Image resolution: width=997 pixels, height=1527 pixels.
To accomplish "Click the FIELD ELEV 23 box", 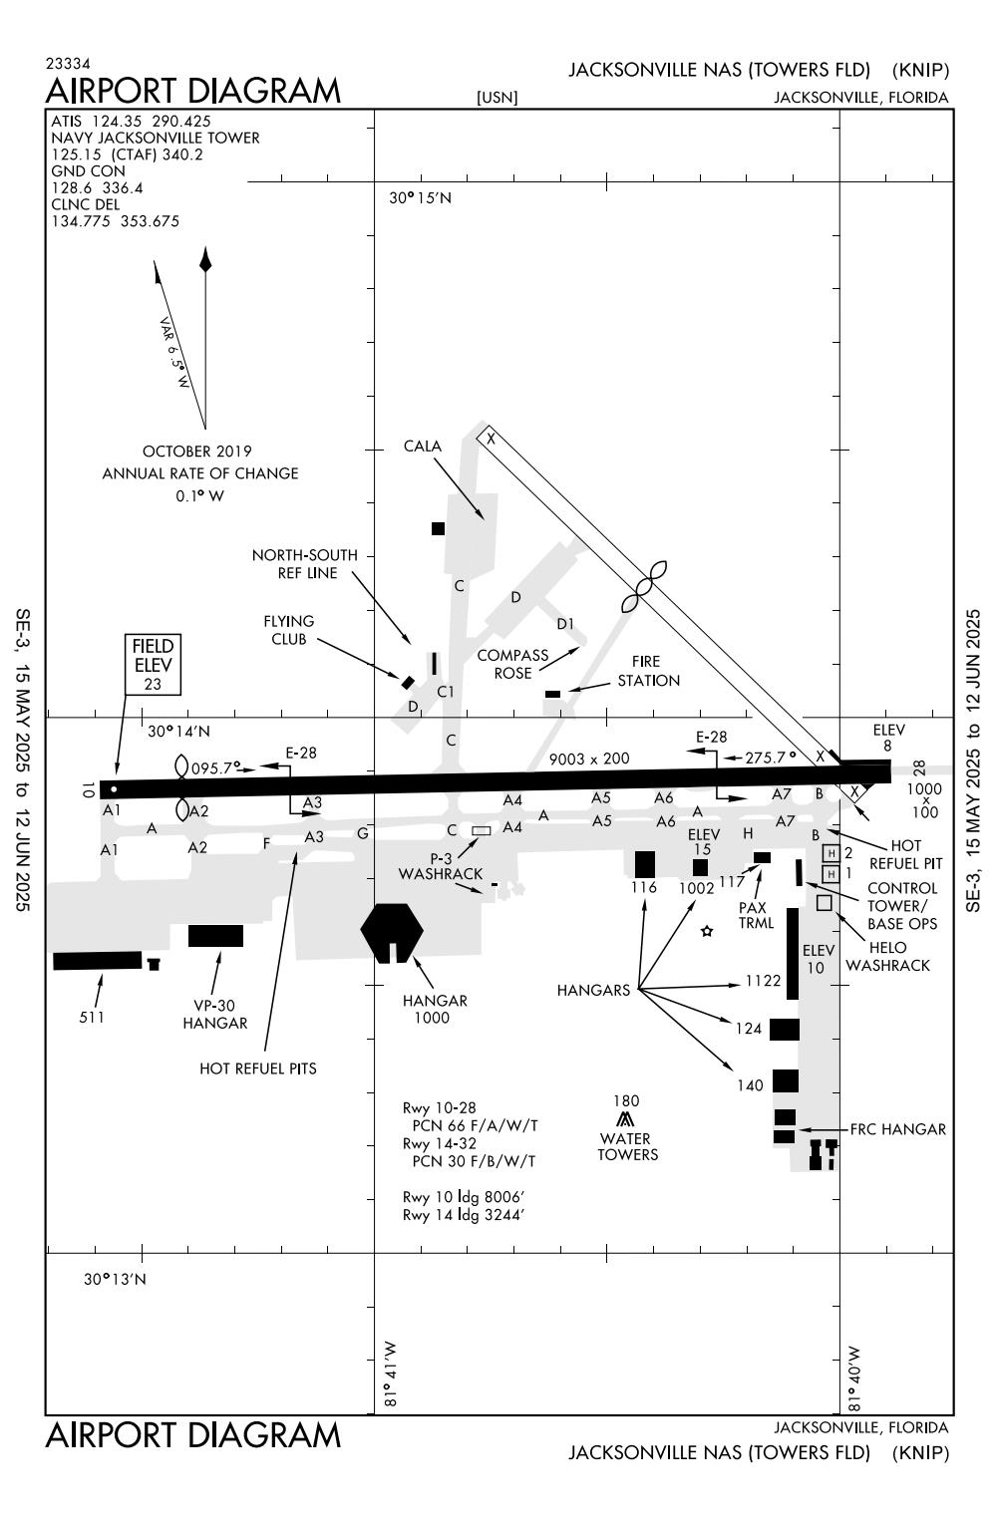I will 153,664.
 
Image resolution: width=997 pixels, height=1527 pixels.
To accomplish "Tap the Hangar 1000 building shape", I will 392,930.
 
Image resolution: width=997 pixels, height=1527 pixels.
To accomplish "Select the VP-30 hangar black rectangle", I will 215,935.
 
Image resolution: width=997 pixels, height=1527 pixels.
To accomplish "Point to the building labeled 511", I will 97,960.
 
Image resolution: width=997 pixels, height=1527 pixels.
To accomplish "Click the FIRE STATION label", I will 648,671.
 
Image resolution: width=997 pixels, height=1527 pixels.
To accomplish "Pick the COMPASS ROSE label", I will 512,664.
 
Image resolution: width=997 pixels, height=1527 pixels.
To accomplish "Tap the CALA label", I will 422,447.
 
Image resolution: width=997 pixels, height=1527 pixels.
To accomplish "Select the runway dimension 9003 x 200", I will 589,759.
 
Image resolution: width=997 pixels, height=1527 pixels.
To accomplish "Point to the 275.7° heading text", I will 772,758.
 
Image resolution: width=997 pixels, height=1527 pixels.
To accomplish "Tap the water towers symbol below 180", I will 626,1120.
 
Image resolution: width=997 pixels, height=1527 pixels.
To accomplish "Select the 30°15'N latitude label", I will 420,197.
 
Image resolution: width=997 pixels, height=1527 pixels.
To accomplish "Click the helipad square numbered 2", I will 831,853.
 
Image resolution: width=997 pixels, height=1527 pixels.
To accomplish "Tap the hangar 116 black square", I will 645,863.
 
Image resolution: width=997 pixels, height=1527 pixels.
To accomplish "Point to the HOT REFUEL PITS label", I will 258,1069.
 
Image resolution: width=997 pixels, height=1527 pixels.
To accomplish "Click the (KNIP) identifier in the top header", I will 920,70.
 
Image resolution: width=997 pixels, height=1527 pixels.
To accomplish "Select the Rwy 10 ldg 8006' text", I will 464,1197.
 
